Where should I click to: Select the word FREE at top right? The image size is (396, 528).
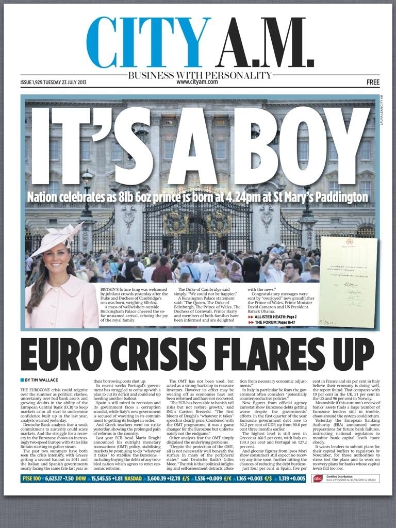373,82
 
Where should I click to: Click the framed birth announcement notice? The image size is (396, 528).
348,281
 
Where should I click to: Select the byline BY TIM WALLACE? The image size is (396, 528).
43,380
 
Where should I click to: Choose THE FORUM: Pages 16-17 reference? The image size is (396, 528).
276,322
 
